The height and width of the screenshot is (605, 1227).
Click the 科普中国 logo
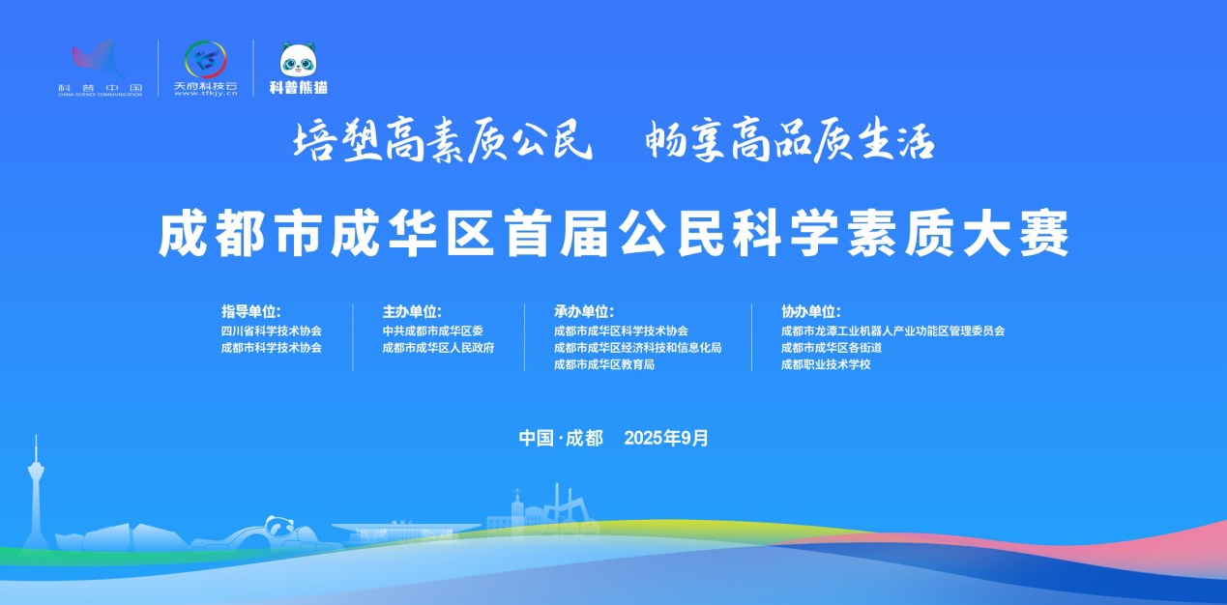pyautogui.click(x=101, y=68)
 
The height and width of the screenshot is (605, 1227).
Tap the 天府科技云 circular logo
pyautogui.click(x=205, y=59)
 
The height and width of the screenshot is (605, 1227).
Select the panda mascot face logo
pyautogui.click(x=298, y=59)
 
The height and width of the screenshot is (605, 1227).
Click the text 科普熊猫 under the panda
pyautogui.click(x=298, y=87)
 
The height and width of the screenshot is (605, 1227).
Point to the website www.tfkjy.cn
pyautogui.click(x=205, y=94)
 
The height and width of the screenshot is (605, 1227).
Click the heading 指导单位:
pyautogui.click(x=250, y=311)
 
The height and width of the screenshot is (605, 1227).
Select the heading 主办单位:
pyautogui.click(x=412, y=311)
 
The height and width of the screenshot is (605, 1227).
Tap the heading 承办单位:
pyautogui.click(x=584, y=311)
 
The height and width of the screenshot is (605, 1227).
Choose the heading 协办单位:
pyautogui.click(x=810, y=311)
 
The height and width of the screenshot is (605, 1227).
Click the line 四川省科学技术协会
pyautogui.click(x=271, y=331)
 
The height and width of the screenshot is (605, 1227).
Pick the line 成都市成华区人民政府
pyautogui.click(x=438, y=348)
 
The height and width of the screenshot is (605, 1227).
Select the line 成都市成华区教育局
pyautogui.click(x=604, y=364)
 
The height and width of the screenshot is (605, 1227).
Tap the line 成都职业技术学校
pyautogui.click(x=826, y=364)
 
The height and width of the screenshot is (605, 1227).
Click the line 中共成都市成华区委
pyautogui.click(x=433, y=331)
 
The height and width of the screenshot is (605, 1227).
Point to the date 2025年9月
pyautogui.click(x=666, y=438)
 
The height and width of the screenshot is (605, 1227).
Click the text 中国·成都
pyautogui.click(x=561, y=438)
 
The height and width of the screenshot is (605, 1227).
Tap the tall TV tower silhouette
pyautogui.click(x=36, y=493)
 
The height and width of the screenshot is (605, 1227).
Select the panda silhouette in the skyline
pyautogui.click(x=279, y=527)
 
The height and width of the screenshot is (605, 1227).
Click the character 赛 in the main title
pyautogui.click(x=1044, y=234)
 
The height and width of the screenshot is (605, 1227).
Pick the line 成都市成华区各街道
pyautogui.click(x=832, y=348)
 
